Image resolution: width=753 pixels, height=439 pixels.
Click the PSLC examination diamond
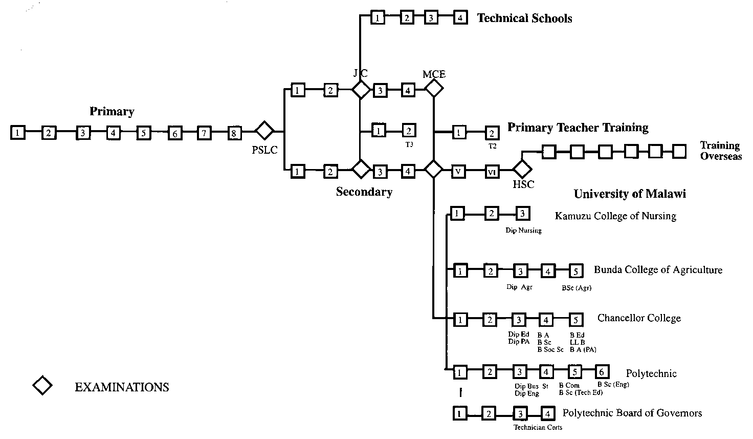264,131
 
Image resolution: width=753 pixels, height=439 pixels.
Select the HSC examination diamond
522,169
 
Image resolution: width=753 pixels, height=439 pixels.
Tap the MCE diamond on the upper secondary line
434,89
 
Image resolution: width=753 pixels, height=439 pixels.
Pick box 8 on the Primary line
234,133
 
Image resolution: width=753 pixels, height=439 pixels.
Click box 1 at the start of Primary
18,133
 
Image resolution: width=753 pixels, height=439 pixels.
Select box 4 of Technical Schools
460,18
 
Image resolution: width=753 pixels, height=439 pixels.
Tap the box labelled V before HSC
458,172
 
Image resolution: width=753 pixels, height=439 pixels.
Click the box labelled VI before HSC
492,172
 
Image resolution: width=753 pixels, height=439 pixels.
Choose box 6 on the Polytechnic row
602,372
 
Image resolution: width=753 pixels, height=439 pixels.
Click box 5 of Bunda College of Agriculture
576,271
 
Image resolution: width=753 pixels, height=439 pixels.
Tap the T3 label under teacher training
409,144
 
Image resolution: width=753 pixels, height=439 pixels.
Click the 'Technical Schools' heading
524,18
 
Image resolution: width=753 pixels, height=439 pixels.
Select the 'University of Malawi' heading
629,194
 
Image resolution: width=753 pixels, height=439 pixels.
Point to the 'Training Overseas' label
720,151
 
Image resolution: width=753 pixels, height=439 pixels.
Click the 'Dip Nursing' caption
523,231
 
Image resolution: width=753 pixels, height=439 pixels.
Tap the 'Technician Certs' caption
538,427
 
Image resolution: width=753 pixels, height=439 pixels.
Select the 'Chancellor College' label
639,318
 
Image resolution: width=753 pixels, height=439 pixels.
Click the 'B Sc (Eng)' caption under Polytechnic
613,384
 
